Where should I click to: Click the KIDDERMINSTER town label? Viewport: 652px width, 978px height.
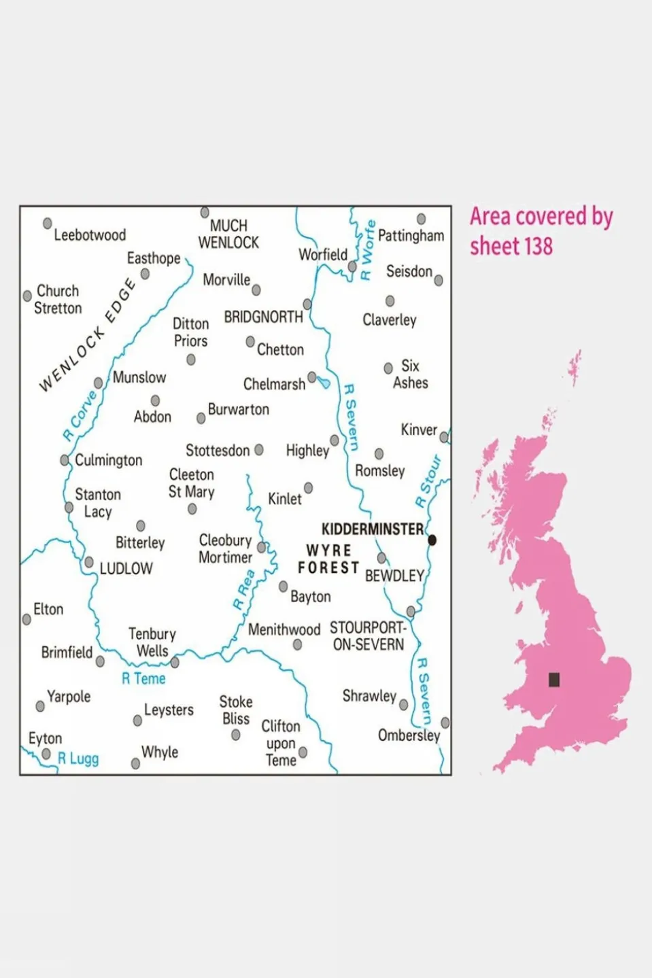coord(372,529)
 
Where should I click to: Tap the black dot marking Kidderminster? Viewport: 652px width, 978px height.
coord(432,540)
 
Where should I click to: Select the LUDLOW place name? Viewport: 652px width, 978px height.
coord(126,568)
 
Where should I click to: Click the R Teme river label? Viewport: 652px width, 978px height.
coord(143,678)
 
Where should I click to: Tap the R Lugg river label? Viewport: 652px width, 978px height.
coord(78,758)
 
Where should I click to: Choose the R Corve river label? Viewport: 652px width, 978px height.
coord(80,415)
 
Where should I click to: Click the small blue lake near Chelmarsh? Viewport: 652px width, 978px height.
coord(324,383)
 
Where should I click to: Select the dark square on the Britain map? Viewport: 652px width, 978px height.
coord(554,679)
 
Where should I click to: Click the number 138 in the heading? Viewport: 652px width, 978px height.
coord(538,246)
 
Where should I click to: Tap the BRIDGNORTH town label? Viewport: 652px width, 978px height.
coord(263,317)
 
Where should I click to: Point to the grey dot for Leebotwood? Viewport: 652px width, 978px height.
coord(48,223)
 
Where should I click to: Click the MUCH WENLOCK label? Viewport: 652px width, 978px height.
coord(228,234)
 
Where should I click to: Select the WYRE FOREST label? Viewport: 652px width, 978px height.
coord(328,559)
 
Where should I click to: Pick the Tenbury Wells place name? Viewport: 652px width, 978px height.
coord(152,642)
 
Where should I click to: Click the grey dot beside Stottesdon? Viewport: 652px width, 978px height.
coord(259,450)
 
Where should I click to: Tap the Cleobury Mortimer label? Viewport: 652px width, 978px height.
coord(225,548)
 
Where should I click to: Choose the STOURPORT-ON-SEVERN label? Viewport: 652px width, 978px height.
coord(368,635)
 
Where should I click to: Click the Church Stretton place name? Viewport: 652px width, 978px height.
coord(58,299)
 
